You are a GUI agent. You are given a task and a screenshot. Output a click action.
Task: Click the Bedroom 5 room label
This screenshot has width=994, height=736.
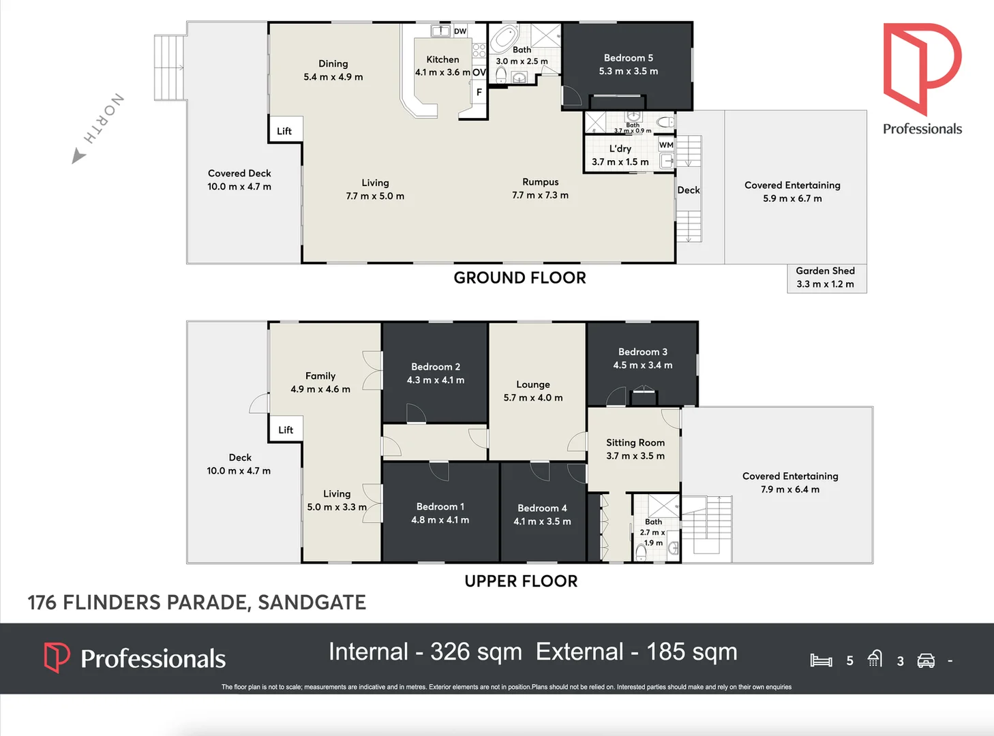(628, 59)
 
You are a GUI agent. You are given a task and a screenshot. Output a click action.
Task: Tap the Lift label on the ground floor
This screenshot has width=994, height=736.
(284, 131)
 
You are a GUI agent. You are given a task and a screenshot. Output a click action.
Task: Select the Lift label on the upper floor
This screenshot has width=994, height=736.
(286, 430)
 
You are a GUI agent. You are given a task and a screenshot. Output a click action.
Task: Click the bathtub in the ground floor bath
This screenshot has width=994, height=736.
(504, 37)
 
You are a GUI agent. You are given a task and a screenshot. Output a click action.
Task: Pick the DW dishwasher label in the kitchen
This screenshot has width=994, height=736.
(460, 31)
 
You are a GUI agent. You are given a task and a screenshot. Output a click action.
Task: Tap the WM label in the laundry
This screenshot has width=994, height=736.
(666, 145)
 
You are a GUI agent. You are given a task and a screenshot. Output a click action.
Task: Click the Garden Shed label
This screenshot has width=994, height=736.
(825, 271)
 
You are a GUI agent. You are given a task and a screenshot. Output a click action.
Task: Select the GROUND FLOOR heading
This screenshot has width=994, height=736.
(519, 278)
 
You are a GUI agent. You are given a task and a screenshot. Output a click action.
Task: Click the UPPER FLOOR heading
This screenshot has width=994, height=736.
(521, 581)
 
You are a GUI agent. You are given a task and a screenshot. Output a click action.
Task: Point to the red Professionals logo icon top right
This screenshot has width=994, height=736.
(922, 68)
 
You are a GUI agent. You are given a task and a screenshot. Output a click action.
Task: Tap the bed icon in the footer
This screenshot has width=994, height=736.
(821, 660)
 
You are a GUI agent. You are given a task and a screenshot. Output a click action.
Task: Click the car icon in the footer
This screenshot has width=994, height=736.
(926, 660)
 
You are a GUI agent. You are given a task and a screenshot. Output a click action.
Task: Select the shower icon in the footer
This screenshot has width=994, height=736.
(875, 658)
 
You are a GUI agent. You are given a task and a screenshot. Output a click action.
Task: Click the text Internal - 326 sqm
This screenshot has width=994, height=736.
(425, 652)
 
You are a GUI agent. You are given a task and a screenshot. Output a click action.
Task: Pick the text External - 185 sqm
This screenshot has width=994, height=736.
(636, 652)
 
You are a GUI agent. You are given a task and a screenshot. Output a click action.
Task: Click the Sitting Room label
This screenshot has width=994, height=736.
(635, 443)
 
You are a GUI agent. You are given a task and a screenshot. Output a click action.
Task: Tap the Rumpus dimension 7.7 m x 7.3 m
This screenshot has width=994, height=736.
(540, 196)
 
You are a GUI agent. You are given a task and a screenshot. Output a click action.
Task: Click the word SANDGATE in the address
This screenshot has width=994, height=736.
(312, 602)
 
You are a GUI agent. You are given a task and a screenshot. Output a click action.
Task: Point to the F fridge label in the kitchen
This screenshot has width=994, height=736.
(479, 92)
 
